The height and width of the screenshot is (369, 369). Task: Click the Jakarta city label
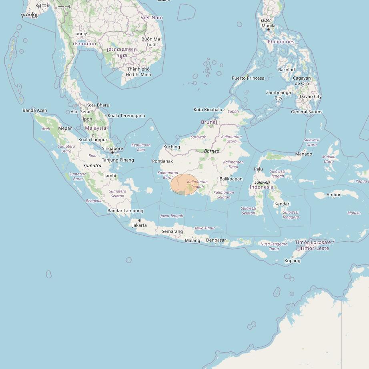point(140,225)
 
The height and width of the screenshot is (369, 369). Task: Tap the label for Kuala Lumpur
point(93,140)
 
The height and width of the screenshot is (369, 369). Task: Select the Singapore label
point(112,148)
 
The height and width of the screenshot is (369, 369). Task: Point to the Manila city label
point(268,26)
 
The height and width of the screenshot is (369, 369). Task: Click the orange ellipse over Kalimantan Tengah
point(184,184)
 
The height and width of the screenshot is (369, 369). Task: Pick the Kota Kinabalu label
point(208,110)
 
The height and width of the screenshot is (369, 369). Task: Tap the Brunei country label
point(209,122)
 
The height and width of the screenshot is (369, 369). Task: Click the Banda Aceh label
point(35,110)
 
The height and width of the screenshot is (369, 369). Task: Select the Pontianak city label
point(162,161)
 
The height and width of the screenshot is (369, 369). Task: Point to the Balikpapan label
point(231,179)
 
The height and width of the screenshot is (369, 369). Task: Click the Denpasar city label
point(216,240)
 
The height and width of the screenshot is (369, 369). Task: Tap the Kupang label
point(292,261)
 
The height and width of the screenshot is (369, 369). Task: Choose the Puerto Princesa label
point(248,78)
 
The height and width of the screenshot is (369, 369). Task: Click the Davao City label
point(311,96)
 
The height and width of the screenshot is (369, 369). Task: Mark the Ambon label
point(334,195)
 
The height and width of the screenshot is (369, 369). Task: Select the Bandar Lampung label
point(125,211)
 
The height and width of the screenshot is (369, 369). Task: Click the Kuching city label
point(172,147)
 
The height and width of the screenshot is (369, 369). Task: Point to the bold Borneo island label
point(212,151)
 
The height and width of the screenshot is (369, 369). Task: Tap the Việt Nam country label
point(152,18)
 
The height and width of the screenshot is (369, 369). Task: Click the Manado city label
point(303,154)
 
